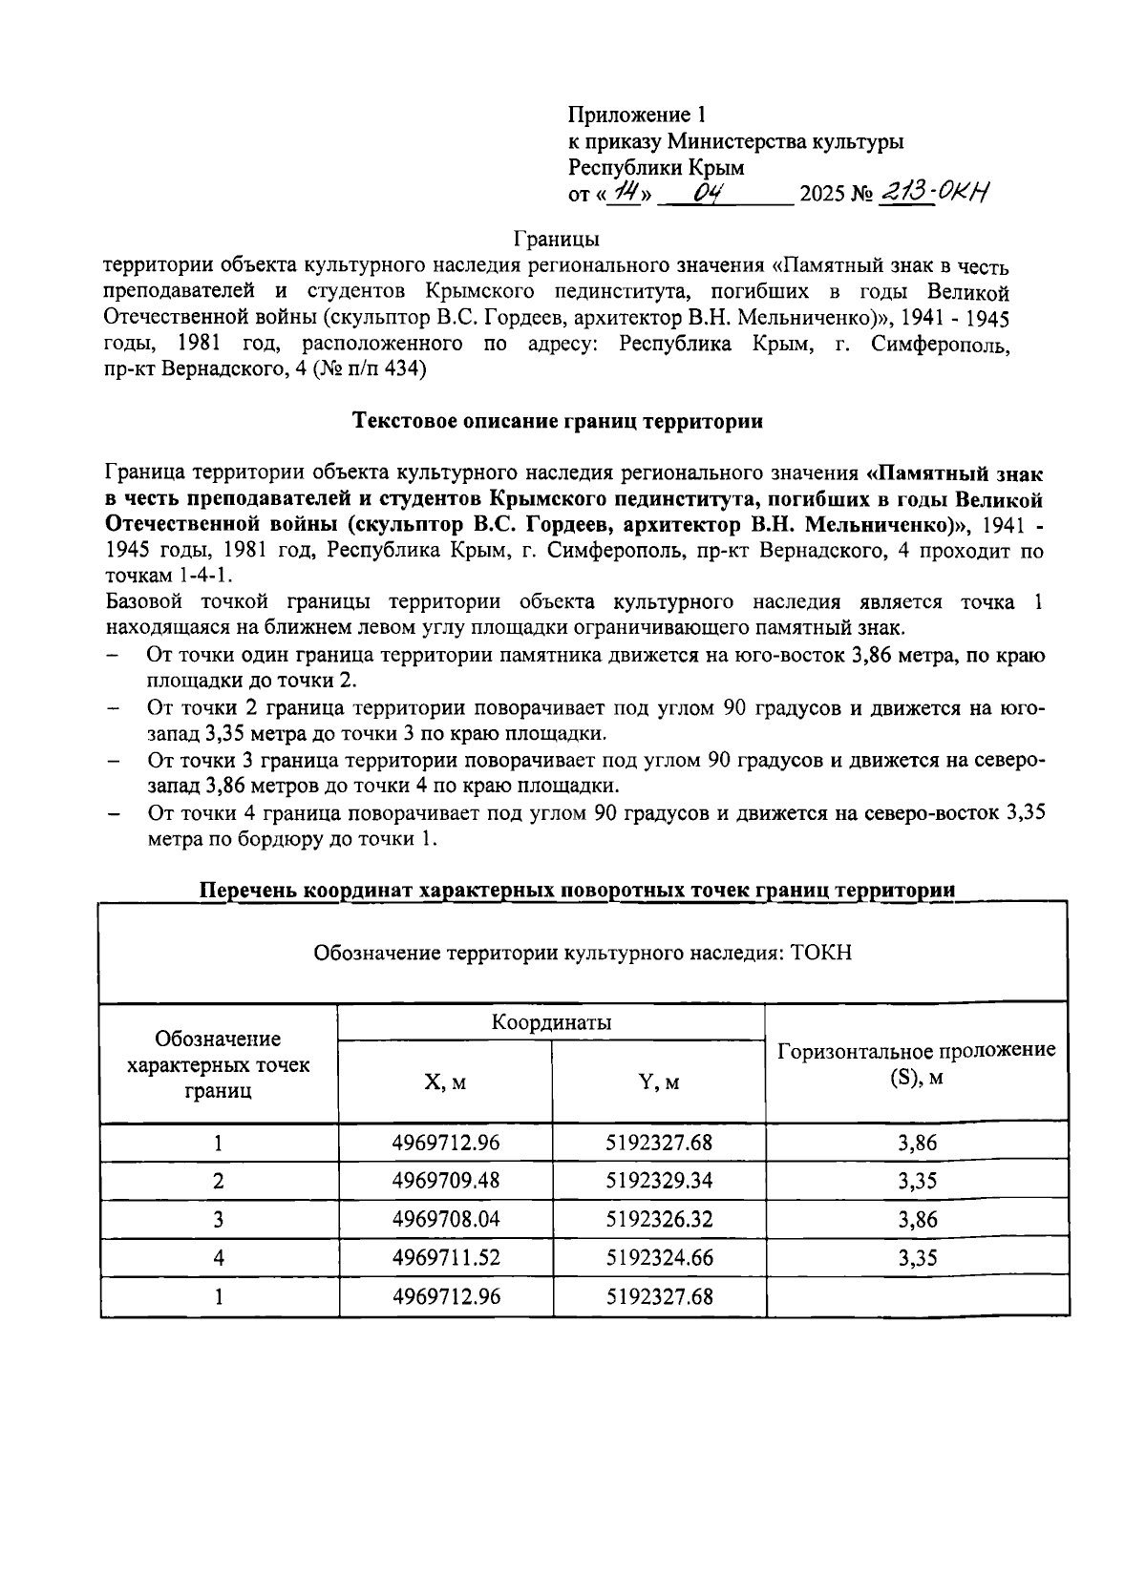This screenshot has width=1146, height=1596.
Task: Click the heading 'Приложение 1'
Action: click(636, 115)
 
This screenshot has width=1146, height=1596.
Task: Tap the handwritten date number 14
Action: click(626, 193)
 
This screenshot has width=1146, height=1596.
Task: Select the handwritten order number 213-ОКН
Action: click(932, 193)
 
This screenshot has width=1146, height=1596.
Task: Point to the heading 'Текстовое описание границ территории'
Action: click(558, 421)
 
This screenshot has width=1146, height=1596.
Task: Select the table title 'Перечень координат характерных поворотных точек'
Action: click(577, 891)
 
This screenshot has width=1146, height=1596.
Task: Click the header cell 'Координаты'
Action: click(551, 1022)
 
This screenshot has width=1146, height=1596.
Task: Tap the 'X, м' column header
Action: click(445, 1082)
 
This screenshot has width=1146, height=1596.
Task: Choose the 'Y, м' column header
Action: click(659, 1082)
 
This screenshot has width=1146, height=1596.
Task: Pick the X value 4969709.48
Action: click(446, 1181)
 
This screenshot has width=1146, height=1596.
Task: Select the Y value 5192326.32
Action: click(659, 1219)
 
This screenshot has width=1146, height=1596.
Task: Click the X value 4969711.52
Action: click(446, 1258)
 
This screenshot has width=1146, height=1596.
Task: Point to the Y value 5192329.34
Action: click(659, 1181)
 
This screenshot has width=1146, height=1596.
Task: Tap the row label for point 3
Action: click(219, 1219)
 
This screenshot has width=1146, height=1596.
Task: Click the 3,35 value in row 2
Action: click(917, 1181)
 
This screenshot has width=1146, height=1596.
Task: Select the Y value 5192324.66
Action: click(659, 1258)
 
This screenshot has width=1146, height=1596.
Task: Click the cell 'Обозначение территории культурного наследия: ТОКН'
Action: click(583, 953)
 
